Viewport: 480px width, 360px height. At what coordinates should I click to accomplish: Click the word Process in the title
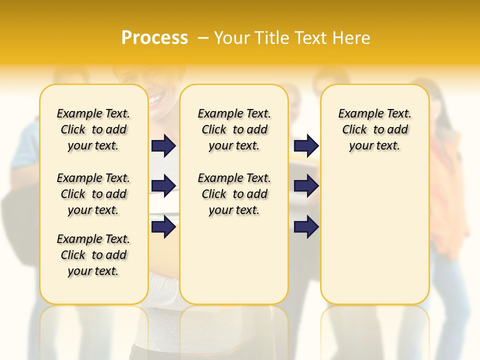[x=154, y=37]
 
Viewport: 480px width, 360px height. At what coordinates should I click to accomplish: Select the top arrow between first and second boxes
[x=163, y=145]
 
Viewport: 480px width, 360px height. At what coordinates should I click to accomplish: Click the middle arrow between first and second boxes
[x=163, y=186]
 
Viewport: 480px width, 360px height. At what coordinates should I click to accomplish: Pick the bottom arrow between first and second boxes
[x=163, y=227]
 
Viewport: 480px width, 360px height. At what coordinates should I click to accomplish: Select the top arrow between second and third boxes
[x=306, y=145]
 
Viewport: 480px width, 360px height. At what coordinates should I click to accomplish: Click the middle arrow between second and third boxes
[x=306, y=186]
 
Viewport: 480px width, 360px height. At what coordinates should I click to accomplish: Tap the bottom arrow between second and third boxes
[x=306, y=227]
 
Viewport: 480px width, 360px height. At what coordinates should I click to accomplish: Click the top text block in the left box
[x=93, y=129]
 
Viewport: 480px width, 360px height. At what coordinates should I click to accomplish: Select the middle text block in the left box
[x=93, y=194]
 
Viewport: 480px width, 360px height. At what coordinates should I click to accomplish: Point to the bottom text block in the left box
[x=93, y=255]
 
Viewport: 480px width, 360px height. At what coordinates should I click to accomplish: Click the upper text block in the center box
[x=234, y=129]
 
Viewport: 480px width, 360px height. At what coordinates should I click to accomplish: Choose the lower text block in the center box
[x=234, y=194]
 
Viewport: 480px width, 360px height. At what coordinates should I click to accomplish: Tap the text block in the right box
[x=374, y=129]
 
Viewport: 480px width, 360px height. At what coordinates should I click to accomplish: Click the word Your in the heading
[x=232, y=37]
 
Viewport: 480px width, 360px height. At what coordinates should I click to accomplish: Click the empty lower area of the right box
[x=374, y=235]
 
